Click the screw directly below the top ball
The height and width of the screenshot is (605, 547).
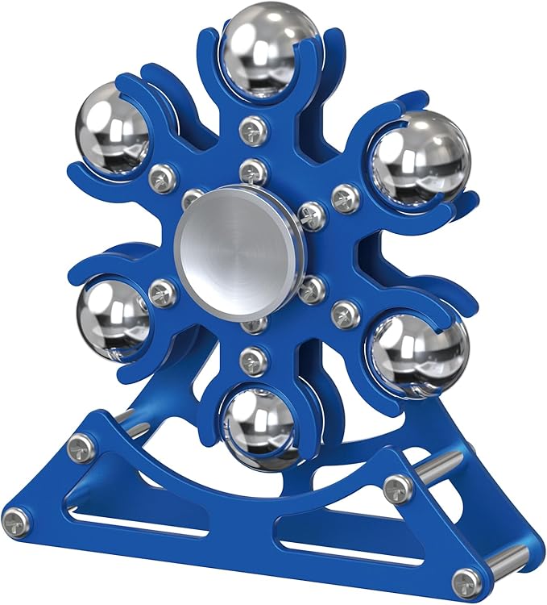click(254, 127)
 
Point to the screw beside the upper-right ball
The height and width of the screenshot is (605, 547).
click(345, 196)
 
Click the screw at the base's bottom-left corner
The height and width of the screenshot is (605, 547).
click(19, 524)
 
